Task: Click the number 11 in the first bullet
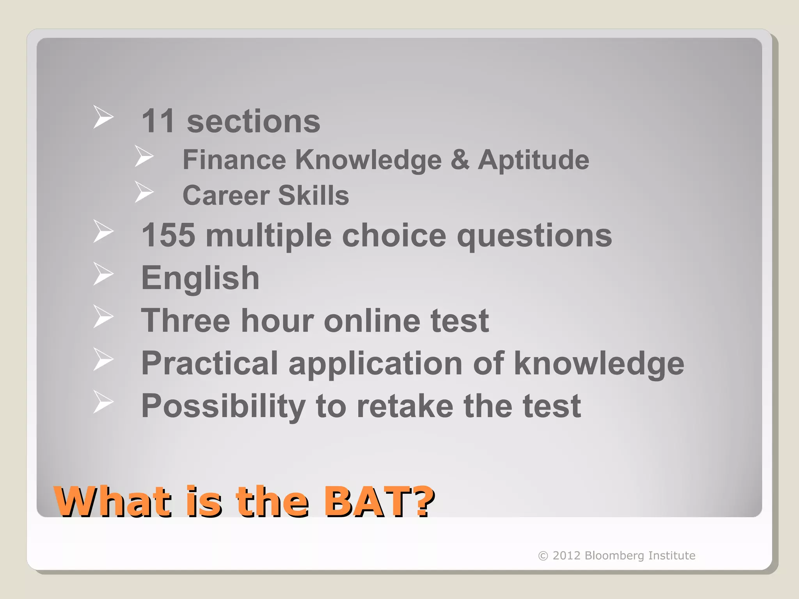158,121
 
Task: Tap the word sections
254,121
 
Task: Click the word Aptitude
533,160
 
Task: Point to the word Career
226,195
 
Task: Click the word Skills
313,195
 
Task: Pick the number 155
168,235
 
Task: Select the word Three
185,321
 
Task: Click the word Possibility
223,406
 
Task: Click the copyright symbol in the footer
543,556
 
